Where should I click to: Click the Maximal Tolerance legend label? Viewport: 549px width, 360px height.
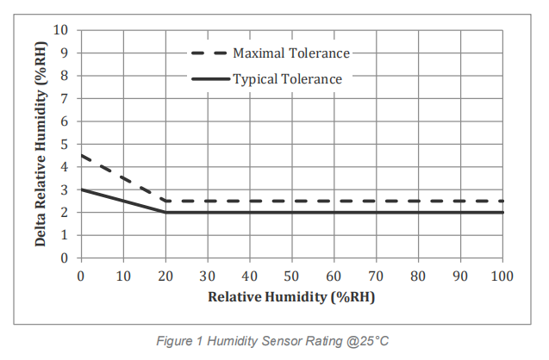pyautogui.click(x=291, y=53)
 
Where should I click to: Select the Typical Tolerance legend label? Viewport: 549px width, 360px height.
pyautogui.click(x=288, y=79)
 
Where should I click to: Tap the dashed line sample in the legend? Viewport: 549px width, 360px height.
pyautogui.click(x=209, y=53)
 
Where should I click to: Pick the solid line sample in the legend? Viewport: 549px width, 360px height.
pyautogui.click(x=209, y=79)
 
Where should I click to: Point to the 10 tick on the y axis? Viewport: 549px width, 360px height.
pyautogui.click(x=60, y=30)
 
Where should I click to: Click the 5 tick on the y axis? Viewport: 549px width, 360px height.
pyautogui.click(x=64, y=144)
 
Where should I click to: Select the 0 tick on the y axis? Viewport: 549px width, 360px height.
pyautogui.click(x=64, y=258)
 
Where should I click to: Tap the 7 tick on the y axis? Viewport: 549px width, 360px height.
pyautogui.click(x=64, y=98)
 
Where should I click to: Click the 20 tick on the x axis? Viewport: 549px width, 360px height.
pyautogui.click(x=165, y=276)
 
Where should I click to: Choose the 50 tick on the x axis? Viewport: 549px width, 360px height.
pyautogui.click(x=292, y=276)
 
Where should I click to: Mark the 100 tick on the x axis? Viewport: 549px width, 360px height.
pyautogui.click(x=502, y=276)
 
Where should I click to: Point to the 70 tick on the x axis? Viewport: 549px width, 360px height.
pyautogui.click(x=376, y=276)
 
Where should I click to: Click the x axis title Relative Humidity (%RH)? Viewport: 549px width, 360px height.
pyautogui.click(x=291, y=296)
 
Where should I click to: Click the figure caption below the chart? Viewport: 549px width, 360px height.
pyautogui.click(x=275, y=340)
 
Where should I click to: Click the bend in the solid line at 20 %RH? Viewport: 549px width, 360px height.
pyautogui.click(x=165, y=212)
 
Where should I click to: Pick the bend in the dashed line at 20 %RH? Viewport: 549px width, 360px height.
pyautogui.click(x=165, y=201)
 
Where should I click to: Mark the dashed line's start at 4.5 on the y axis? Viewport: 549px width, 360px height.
pyautogui.click(x=82, y=156)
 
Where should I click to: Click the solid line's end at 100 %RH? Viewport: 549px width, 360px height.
pyautogui.click(x=502, y=212)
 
